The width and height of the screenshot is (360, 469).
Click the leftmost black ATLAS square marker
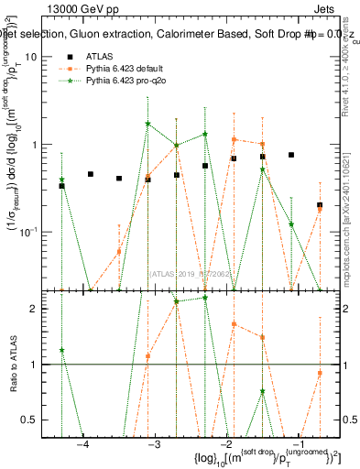tap(61, 186)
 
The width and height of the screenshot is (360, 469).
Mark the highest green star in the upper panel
tap(147, 124)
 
